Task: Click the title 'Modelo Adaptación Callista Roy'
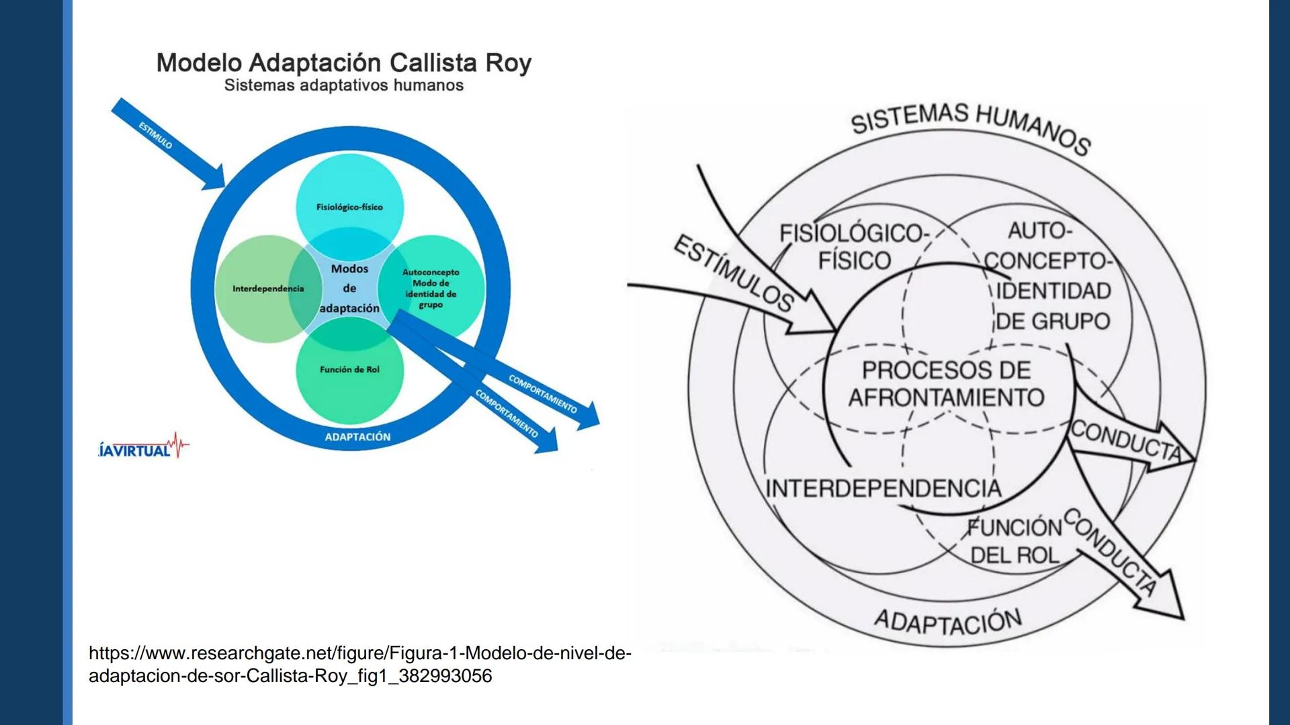pos(343,63)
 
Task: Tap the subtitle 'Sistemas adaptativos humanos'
pos(343,86)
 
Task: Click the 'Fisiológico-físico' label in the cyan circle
pos(349,207)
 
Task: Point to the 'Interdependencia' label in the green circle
pos(268,289)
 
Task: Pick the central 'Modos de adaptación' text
pos(349,289)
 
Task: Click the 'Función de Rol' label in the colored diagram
pos(349,370)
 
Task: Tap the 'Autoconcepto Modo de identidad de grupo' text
pos(431,288)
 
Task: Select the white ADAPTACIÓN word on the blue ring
pos(357,437)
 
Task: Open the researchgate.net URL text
pos(359,664)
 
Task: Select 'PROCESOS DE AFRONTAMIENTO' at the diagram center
pos(946,384)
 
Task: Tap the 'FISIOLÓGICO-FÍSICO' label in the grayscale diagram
pos(853,246)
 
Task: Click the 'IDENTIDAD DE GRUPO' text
pos(1052,306)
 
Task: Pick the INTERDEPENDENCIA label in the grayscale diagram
pos(883,489)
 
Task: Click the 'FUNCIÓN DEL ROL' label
pos(1015,541)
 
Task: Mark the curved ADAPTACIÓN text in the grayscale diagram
pos(947,621)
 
